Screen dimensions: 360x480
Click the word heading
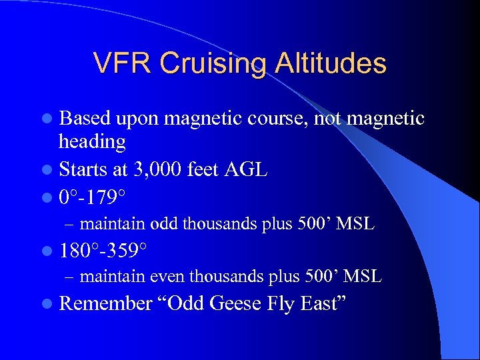92,141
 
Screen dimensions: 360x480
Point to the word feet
202,169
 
